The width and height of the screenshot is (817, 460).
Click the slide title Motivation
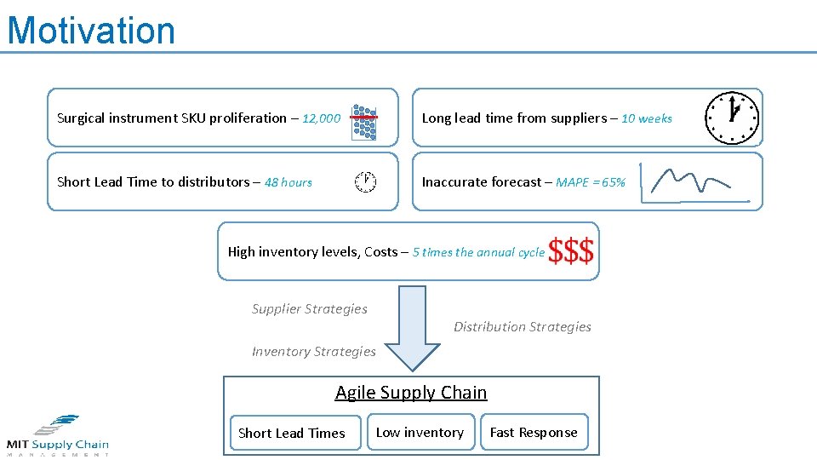click(x=91, y=31)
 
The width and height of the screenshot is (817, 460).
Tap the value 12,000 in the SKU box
click(x=321, y=118)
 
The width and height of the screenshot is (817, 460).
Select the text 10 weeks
click(x=647, y=118)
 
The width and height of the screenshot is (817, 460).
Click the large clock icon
click(x=732, y=118)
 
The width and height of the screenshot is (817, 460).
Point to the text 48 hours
click(x=288, y=182)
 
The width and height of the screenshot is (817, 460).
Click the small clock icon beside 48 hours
click(x=365, y=181)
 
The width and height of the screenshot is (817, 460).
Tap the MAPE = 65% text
click(x=591, y=182)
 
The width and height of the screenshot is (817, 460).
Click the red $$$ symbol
click(x=571, y=251)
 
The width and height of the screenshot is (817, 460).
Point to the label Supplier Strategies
click(x=310, y=309)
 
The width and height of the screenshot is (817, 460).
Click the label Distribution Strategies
click(x=523, y=327)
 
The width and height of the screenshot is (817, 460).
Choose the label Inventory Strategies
click(x=313, y=352)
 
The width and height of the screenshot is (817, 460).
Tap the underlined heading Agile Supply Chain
click(x=411, y=393)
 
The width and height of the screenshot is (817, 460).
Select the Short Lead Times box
click(x=292, y=433)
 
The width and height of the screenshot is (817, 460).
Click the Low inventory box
click(x=420, y=433)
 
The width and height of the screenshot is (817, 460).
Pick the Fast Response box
click(x=534, y=433)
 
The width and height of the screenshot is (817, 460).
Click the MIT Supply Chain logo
click(x=58, y=435)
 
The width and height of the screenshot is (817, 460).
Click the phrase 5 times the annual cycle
click(x=478, y=252)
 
